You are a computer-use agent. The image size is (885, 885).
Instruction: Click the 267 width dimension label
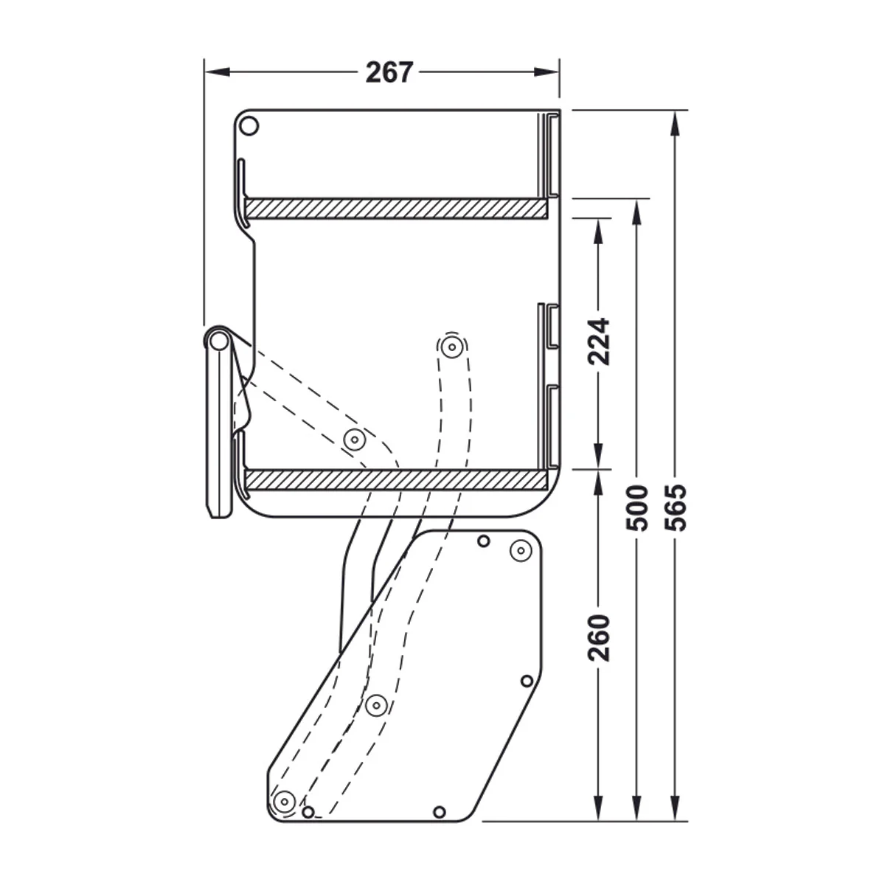pyautogui.click(x=389, y=72)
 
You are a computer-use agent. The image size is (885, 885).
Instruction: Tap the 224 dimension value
pyautogui.click(x=598, y=341)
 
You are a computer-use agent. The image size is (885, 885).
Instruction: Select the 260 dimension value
pyautogui.click(x=598, y=638)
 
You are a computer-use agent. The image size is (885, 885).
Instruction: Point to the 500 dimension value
pyautogui.click(x=636, y=507)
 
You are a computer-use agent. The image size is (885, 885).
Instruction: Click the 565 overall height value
pyautogui.click(x=675, y=507)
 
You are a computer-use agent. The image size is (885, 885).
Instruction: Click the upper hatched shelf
pyautogui.click(x=396, y=208)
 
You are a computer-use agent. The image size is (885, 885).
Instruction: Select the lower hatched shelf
pyautogui.click(x=396, y=479)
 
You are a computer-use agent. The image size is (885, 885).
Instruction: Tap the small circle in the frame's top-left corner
pyautogui.click(x=249, y=126)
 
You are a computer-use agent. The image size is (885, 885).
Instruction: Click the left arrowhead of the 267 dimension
pyautogui.click(x=218, y=72)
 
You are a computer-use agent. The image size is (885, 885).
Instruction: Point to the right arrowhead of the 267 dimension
pyautogui.click(x=546, y=72)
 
